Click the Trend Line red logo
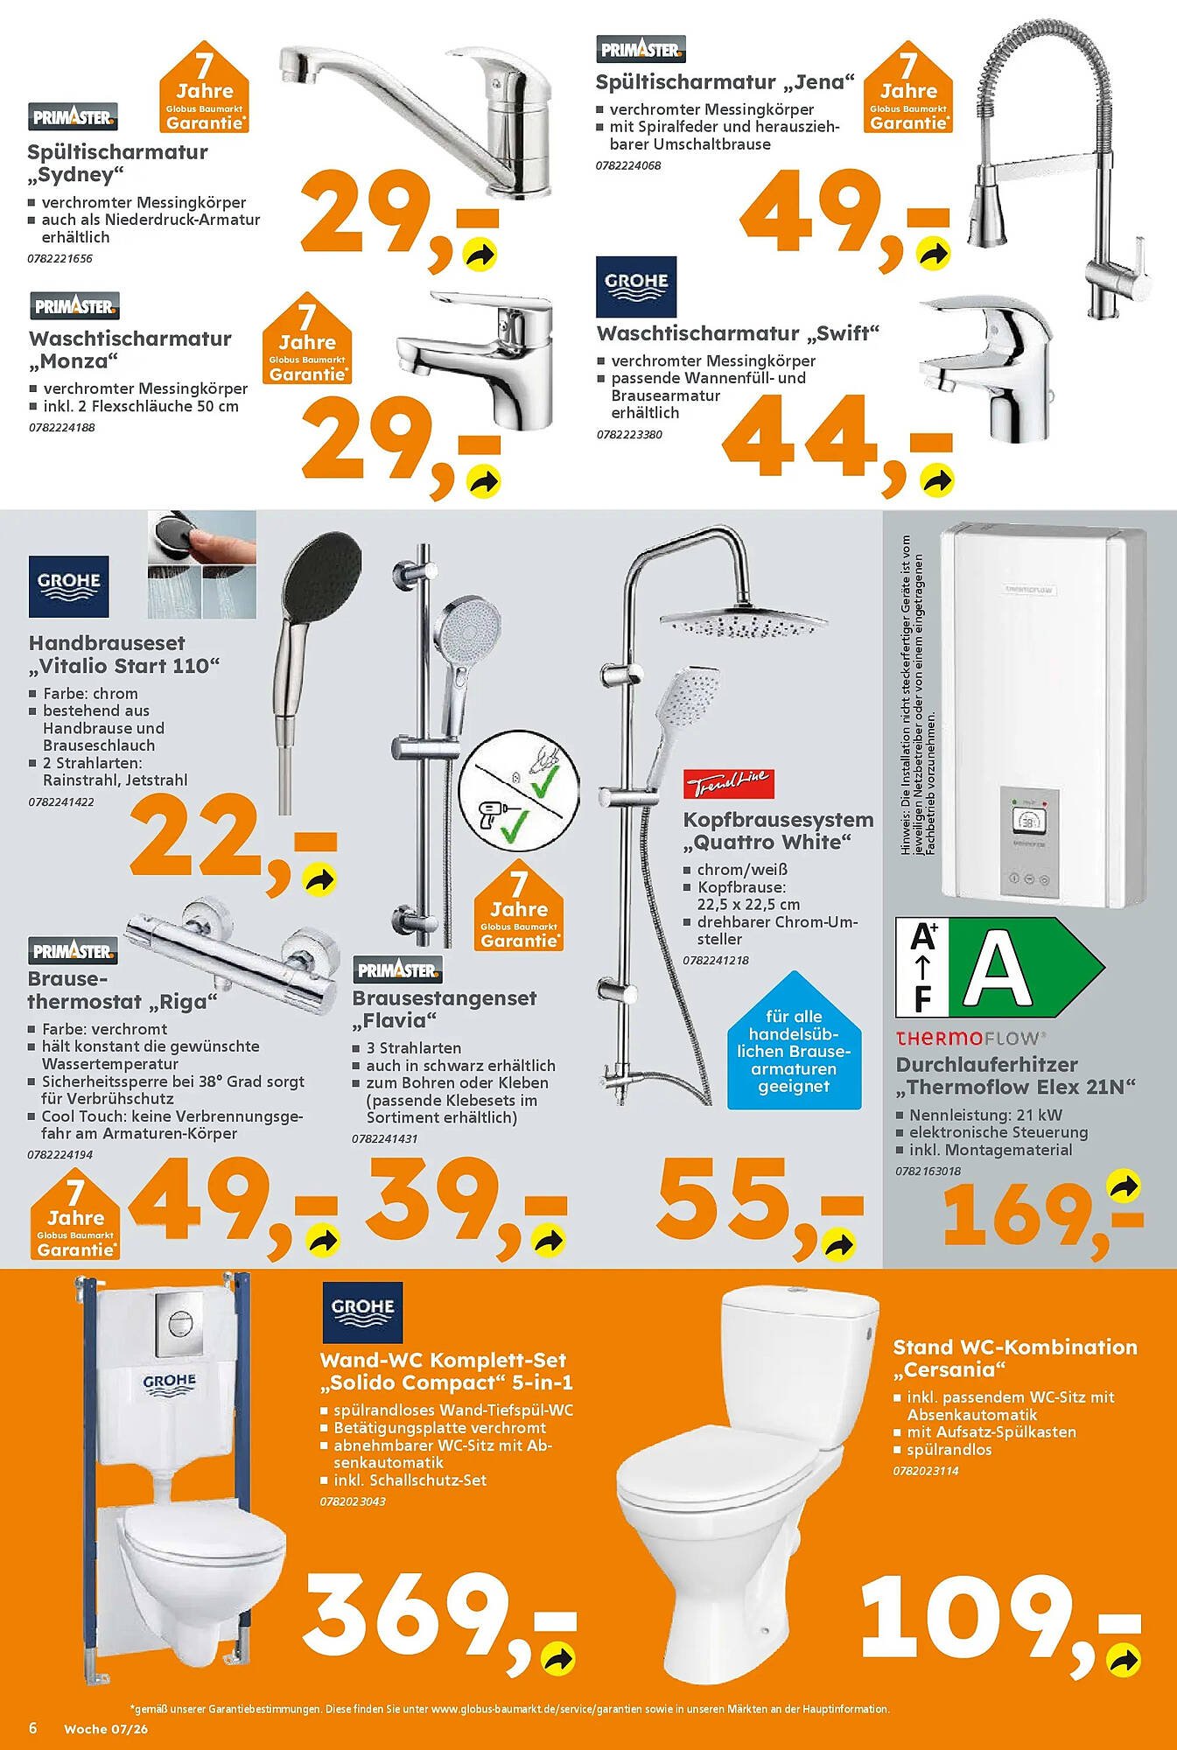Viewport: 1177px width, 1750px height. [728, 784]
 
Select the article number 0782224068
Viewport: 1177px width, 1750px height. [628, 165]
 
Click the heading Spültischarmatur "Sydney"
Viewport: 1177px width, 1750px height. [117, 163]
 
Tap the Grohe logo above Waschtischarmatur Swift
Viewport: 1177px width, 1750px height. [636, 286]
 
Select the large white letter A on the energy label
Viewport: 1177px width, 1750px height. [998, 969]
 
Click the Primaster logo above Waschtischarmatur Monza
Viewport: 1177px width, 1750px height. [74, 306]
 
